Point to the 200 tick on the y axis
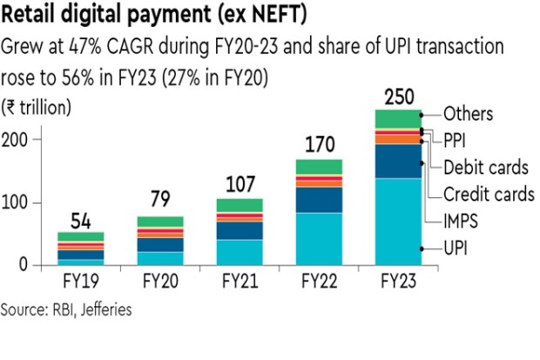pos(20,139)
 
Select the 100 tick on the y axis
pos(20,203)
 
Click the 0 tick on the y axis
pos(26,266)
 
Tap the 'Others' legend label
pos(469,113)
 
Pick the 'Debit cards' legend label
pos(486,166)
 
